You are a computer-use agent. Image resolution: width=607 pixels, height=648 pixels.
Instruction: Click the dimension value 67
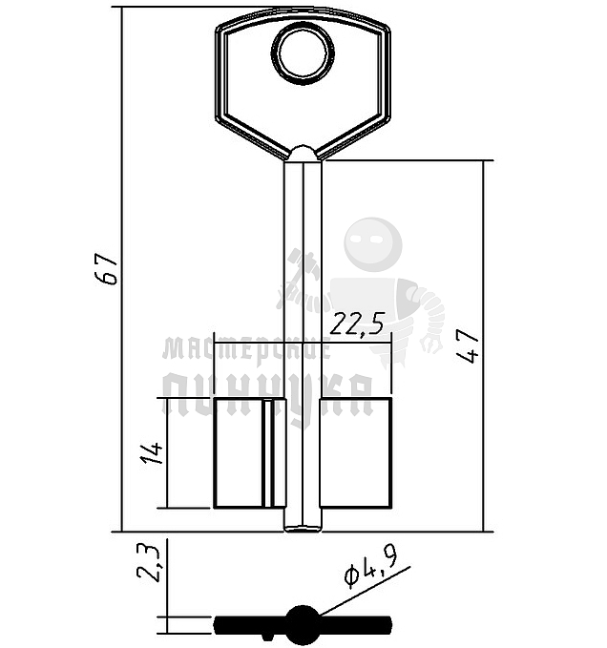coord(106,269)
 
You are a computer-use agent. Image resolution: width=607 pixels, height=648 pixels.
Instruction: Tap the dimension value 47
coord(469,345)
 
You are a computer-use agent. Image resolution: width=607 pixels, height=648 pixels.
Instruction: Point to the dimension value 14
coord(153,453)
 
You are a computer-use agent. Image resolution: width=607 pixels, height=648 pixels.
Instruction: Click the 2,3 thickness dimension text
coord(148,562)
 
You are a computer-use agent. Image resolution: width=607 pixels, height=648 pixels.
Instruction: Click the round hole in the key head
coord(303,52)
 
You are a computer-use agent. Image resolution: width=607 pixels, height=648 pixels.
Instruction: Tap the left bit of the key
coord(249,453)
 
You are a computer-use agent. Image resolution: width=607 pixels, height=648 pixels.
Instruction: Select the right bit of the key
coord(355,453)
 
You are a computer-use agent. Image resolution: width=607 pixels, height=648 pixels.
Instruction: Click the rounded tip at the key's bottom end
coord(303,528)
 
